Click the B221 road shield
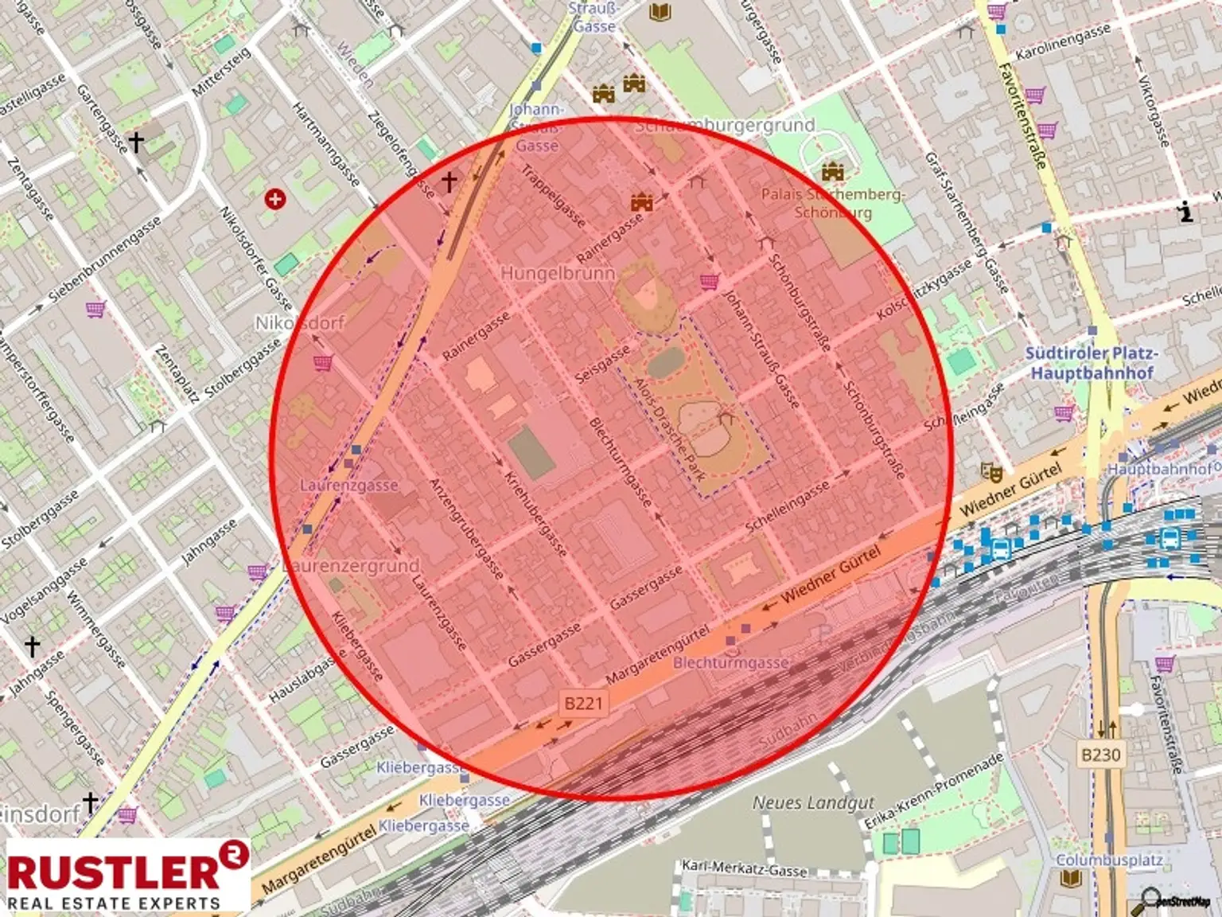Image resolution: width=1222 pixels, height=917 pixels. tap(583, 704)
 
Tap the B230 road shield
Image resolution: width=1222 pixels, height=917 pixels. tap(1100, 755)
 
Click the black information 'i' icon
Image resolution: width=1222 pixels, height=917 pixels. tap(1186, 212)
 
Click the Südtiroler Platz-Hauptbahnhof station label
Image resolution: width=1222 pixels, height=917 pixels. tap(1092, 362)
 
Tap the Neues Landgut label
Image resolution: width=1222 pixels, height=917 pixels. tap(813, 802)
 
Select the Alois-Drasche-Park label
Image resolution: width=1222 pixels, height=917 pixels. tap(669, 428)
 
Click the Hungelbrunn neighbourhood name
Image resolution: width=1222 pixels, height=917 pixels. tap(558, 273)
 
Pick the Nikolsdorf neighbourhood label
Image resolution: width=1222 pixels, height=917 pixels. tap(299, 322)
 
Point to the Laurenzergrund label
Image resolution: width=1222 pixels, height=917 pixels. tap(351, 566)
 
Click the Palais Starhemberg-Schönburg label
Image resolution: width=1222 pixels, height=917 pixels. tap(833, 203)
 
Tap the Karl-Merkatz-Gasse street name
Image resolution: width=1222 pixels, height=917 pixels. tap(744, 868)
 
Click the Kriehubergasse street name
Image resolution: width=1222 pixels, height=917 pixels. tap(536, 513)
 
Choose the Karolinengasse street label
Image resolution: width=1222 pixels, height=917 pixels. tap(1063, 42)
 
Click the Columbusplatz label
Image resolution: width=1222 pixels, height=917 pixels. tap(1109, 860)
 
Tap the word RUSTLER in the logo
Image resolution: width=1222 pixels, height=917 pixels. tap(113, 872)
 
